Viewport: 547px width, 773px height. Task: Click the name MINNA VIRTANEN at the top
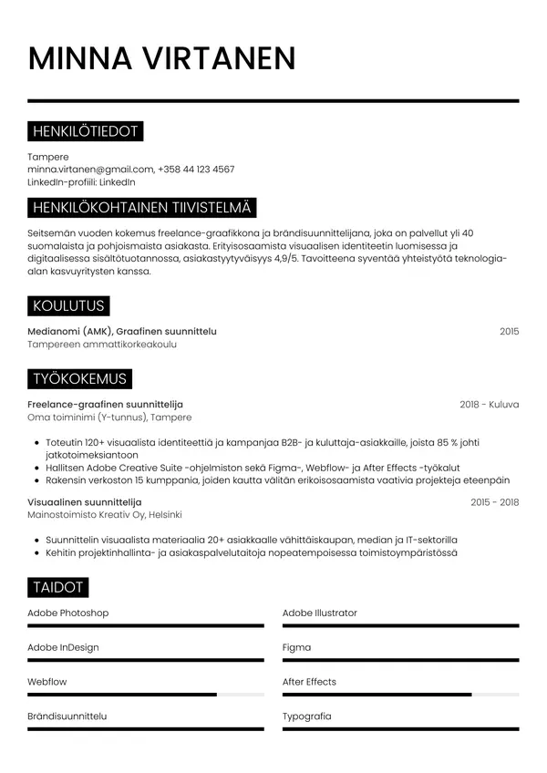(x=161, y=57)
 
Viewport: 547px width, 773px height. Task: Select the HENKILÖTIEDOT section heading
(x=85, y=131)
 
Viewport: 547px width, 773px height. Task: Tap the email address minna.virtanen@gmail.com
(x=90, y=170)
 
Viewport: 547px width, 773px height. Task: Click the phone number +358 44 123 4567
(x=196, y=170)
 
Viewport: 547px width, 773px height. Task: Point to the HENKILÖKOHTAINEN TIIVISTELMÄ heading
(x=142, y=207)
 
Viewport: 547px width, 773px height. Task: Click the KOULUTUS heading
(x=68, y=305)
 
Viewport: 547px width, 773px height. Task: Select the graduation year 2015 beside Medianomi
(x=509, y=331)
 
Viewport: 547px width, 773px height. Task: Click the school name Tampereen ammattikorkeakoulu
(x=102, y=345)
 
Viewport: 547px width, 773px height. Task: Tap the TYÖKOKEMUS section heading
(x=80, y=378)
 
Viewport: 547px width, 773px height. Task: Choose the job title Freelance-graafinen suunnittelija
(x=105, y=404)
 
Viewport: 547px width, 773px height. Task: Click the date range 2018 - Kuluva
(x=489, y=404)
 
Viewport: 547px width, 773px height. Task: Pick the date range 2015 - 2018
(x=494, y=502)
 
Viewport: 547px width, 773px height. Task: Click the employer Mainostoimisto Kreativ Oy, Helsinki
(x=105, y=515)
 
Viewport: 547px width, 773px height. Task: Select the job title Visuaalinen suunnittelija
(x=85, y=502)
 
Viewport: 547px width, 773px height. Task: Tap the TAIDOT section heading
(x=58, y=587)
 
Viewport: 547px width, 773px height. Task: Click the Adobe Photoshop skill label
(x=68, y=613)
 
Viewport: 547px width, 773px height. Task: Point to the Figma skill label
(x=296, y=647)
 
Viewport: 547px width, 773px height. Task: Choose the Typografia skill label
(x=306, y=716)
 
